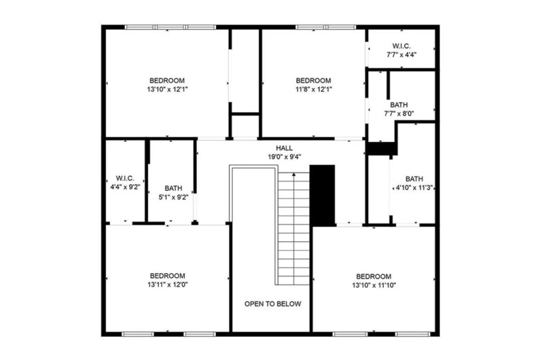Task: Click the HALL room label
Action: tap(284, 148)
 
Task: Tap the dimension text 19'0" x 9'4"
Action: tap(284, 157)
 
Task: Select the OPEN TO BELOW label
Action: tap(273, 304)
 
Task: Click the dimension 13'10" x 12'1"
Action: tap(168, 89)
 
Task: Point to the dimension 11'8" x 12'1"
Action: tap(313, 89)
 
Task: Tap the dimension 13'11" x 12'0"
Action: tap(168, 284)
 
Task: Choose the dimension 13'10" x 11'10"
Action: tap(374, 285)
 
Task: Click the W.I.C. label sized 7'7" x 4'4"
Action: tap(402, 46)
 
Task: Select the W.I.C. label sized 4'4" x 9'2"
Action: tap(125, 178)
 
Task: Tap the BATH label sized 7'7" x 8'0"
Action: tap(399, 105)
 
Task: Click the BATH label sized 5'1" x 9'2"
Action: tap(173, 188)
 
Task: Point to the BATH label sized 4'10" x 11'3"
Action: tap(414, 179)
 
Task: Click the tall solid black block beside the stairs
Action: tap(322, 194)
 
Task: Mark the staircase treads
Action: tap(294, 228)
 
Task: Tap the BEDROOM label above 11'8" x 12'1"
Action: tap(313, 80)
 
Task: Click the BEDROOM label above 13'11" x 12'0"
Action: tap(168, 276)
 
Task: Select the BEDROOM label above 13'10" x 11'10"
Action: tap(374, 276)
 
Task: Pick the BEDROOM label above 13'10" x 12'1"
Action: tap(168, 80)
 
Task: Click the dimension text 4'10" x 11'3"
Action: tap(414, 187)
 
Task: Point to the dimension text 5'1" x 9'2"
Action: tap(173, 196)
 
